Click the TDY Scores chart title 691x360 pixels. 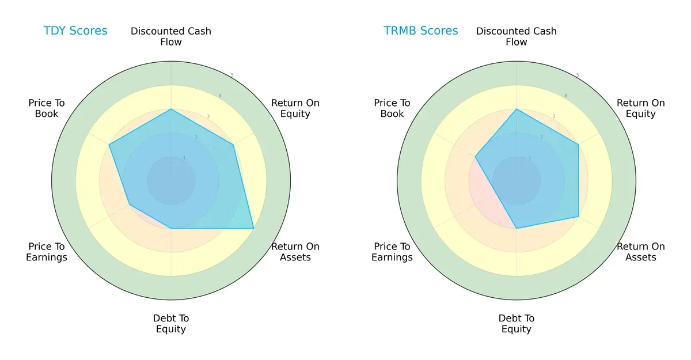click(x=75, y=31)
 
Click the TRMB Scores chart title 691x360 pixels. click(x=421, y=31)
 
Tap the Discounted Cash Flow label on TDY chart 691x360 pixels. click(x=171, y=36)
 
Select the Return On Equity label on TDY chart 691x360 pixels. click(x=295, y=108)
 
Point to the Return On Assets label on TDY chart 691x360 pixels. click(x=295, y=252)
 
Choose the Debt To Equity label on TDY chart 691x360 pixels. click(x=171, y=324)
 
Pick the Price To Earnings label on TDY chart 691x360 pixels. click(x=47, y=252)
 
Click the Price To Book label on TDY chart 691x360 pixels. click(x=47, y=108)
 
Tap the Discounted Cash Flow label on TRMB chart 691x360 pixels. click(x=517, y=36)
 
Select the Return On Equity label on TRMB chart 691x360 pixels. click(x=641, y=108)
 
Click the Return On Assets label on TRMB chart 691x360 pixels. click(x=641, y=252)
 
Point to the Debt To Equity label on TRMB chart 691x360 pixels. click(x=517, y=324)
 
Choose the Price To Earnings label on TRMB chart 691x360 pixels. click(x=392, y=252)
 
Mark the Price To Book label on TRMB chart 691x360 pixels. click(x=392, y=108)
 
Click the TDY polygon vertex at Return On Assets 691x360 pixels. click(x=254, y=229)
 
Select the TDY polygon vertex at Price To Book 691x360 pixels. click(x=109, y=145)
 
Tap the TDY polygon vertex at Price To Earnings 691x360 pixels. click(x=130, y=204)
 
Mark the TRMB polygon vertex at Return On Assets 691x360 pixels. click(x=579, y=217)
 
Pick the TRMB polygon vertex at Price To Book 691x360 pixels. click(x=476, y=157)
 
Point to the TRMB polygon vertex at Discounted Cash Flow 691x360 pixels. click(x=517, y=109)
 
